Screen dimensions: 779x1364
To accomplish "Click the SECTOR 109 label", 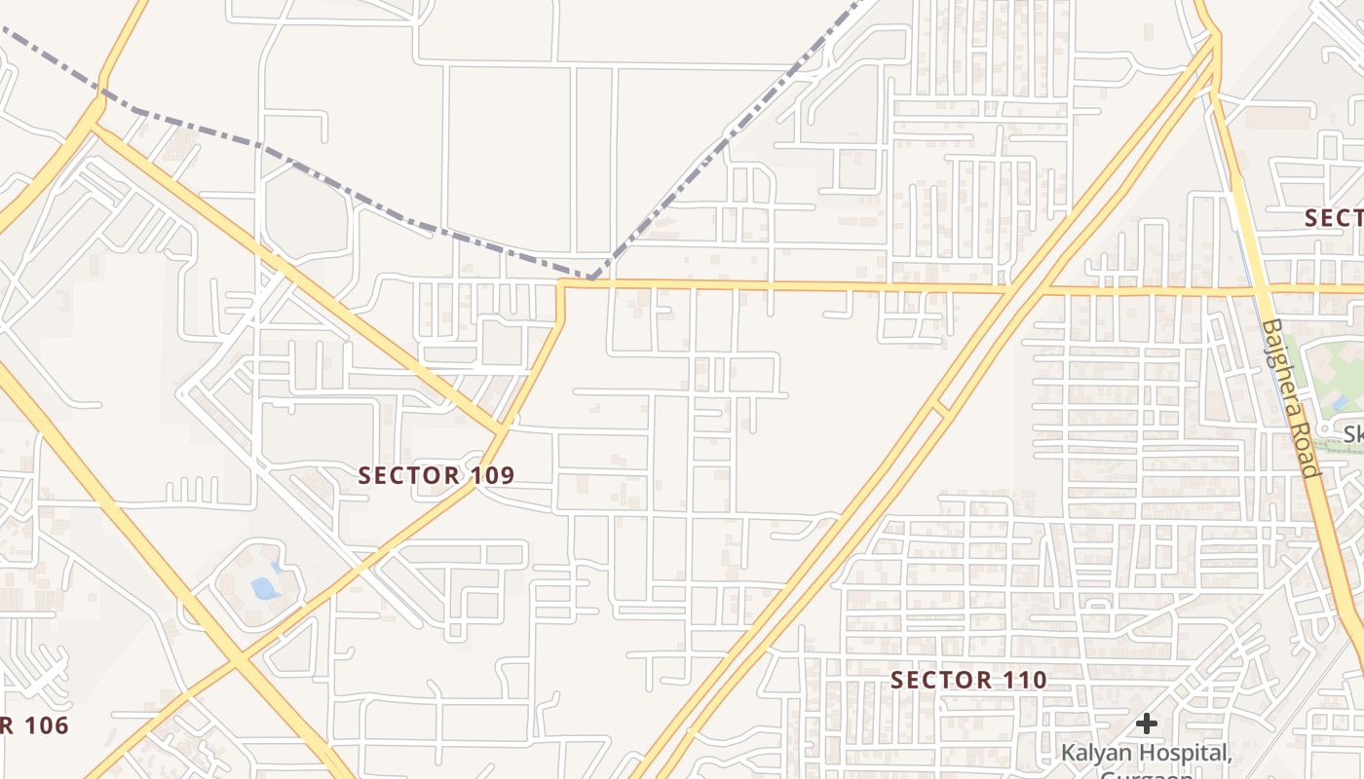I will point(436,475).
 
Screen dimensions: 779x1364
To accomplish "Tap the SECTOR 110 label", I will point(968,680).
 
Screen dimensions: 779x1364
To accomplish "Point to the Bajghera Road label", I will point(1289,398).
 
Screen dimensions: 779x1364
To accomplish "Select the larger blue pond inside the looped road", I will point(263,587).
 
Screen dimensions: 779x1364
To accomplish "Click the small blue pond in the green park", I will point(1341,402).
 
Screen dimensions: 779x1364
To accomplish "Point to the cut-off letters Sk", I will point(1353,434).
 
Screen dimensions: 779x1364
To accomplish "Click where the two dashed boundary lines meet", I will point(591,278).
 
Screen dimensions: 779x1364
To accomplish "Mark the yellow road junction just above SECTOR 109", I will point(503,428).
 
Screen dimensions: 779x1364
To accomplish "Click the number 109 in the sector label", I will point(489,475).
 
